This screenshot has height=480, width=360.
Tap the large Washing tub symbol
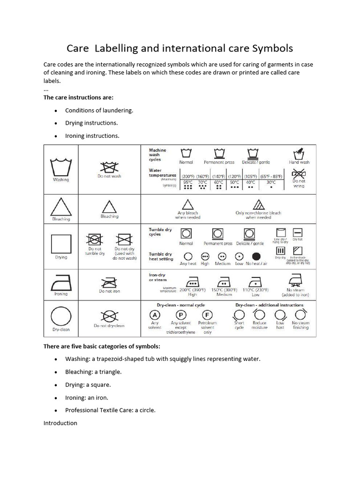[61, 167]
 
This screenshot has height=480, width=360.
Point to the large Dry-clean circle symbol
[61, 316]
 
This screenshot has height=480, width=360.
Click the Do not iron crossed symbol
[109, 283]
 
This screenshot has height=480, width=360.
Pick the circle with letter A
[155, 315]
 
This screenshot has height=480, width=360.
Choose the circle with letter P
[181, 315]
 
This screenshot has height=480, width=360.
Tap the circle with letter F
[207, 315]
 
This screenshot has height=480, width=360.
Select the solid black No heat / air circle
[256, 256]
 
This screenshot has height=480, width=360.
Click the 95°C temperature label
[188, 182]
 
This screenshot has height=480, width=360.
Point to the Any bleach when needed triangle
[187, 204]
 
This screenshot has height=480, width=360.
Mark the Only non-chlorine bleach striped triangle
[258, 204]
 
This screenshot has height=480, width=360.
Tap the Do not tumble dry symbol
[94, 240]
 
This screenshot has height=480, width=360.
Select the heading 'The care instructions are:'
[78, 97]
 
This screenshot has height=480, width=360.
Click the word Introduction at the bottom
[60, 423]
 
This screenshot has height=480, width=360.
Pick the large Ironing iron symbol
[61, 282]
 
